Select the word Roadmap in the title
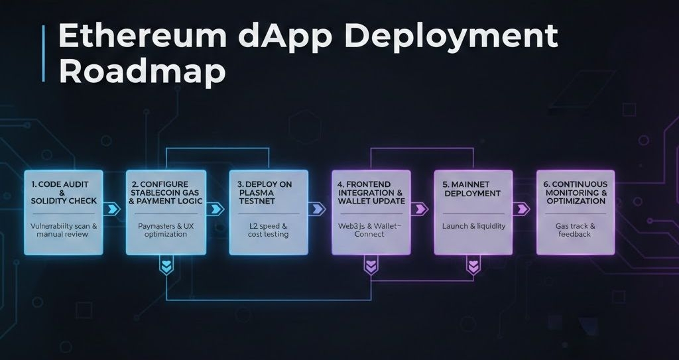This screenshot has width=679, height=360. coord(142,72)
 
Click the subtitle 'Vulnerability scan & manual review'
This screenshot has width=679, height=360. coord(64,230)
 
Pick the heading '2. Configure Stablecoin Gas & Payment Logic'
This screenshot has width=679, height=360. coord(166,192)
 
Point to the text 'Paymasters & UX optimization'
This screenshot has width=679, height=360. coord(166,230)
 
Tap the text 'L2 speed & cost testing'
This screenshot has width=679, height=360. coord(269,230)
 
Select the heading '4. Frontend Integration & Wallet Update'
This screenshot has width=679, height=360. coord(371,192)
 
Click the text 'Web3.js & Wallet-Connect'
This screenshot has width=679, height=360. coord(371,230)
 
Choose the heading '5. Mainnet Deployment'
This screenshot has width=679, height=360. coord(473,188)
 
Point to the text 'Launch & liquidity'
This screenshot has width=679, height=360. coord(473,226)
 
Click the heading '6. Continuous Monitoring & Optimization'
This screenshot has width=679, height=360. coord(576,192)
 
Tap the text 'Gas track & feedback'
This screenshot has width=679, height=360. coord(576,230)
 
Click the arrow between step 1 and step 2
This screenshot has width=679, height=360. coord(113,210)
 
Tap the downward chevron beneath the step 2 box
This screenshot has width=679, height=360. coord(166,267)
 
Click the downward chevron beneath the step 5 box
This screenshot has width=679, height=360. coord(473,267)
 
